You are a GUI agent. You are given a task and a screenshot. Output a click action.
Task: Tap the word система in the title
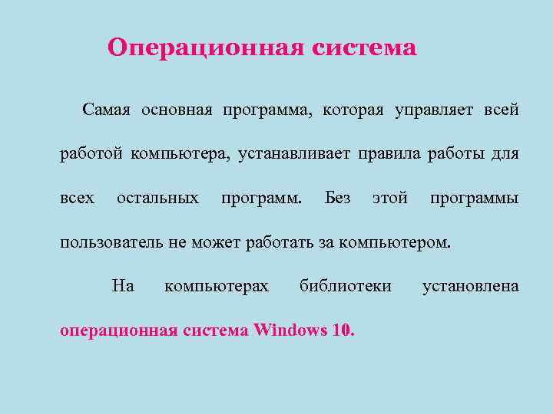click(x=365, y=48)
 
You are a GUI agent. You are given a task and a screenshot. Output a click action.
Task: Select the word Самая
click(x=108, y=110)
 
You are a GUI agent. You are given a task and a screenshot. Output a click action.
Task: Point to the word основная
click(x=176, y=110)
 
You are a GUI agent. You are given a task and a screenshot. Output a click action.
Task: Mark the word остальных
click(x=157, y=199)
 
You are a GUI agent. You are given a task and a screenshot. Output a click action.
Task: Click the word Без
click(x=338, y=199)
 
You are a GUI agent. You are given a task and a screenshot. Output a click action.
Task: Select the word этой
click(x=389, y=199)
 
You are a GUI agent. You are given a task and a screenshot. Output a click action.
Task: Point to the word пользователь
click(x=111, y=243)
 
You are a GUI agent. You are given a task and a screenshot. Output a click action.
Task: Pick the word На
click(x=123, y=287)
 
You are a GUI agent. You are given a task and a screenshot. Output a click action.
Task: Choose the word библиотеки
click(x=346, y=287)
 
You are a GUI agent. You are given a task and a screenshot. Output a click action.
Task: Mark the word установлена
click(x=471, y=287)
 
